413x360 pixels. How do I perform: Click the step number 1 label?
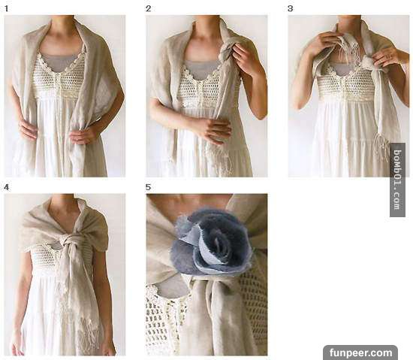6,9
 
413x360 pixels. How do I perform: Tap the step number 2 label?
148,9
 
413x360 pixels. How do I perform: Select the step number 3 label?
290,9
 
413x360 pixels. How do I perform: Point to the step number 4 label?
6,187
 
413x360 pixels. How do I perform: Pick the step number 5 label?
148,187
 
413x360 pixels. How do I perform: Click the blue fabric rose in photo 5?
213,241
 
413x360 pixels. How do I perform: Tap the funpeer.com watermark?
360,352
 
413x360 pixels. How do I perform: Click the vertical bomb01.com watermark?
397,180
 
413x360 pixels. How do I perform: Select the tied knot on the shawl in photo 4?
68,242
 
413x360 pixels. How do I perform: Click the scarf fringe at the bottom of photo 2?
220,159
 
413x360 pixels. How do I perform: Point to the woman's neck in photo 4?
63,205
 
